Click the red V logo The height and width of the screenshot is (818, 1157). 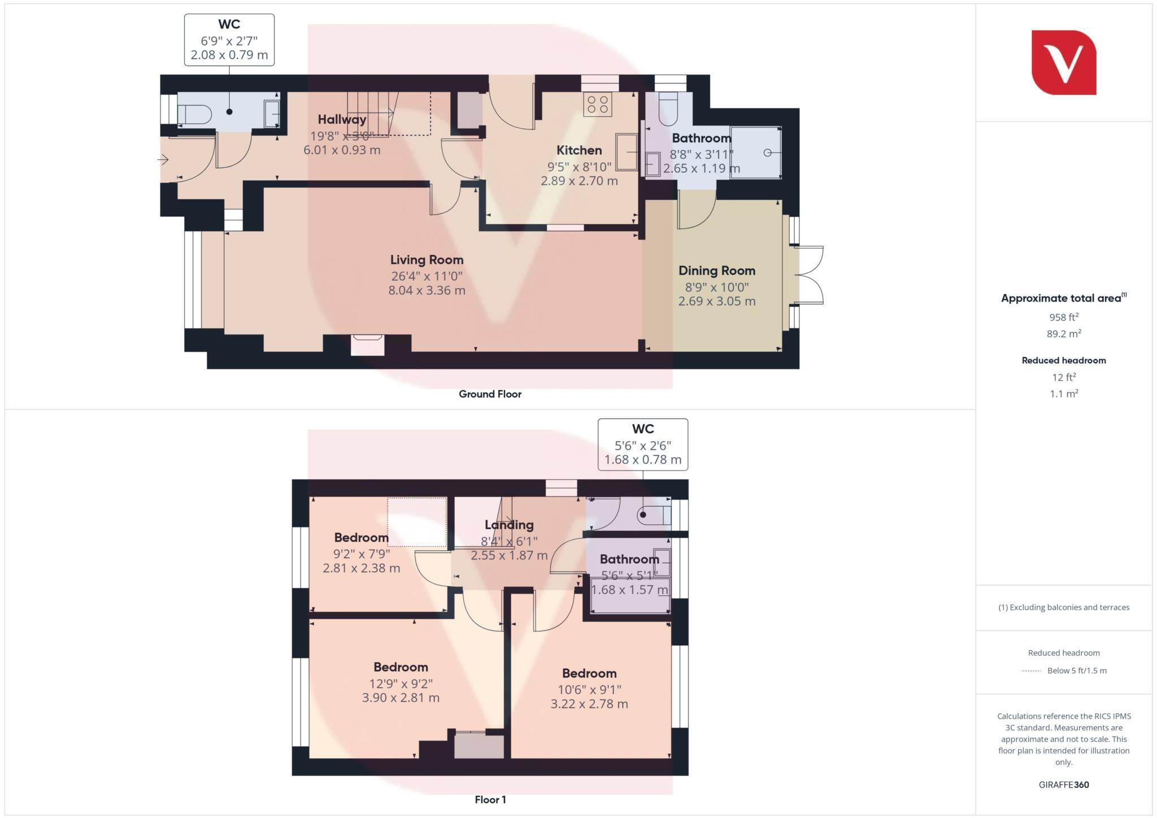(1063, 62)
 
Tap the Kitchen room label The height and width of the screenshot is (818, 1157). (579, 150)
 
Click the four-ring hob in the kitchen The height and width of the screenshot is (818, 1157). (598, 104)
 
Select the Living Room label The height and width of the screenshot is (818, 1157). (427, 260)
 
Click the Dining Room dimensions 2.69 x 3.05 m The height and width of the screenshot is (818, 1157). (716, 301)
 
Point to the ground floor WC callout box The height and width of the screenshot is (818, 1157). (229, 40)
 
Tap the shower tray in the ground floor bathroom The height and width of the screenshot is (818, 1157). (755, 153)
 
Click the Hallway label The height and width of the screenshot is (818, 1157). (342, 119)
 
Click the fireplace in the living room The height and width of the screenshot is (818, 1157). (367, 344)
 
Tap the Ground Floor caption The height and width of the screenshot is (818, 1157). (490, 394)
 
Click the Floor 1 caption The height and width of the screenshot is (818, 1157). (490, 800)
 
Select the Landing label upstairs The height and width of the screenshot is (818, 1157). (508, 525)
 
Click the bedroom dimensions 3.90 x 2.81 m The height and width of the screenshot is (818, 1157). (401, 698)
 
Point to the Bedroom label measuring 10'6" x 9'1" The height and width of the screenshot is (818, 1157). (589, 673)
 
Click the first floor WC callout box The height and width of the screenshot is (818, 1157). (643, 445)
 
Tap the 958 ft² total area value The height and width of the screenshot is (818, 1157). (1064, 317)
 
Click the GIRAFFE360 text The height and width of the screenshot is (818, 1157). (1063, 785)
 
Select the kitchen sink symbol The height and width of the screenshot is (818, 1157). (626, 151)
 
